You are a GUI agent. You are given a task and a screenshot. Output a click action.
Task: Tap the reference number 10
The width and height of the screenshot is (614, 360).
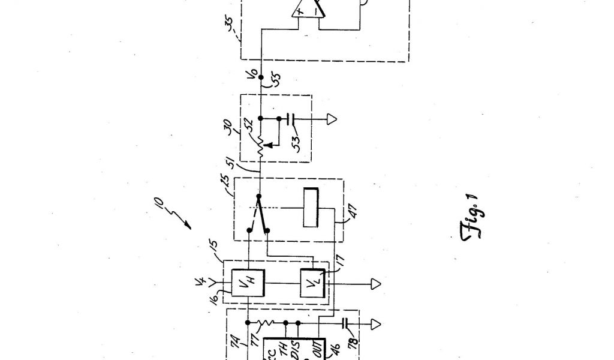(x=161, y=211)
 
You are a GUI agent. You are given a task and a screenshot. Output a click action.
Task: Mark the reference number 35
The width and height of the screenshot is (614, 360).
(x=230, y=28)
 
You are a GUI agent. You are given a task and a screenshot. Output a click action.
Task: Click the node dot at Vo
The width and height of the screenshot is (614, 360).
(x=261, y=77)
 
